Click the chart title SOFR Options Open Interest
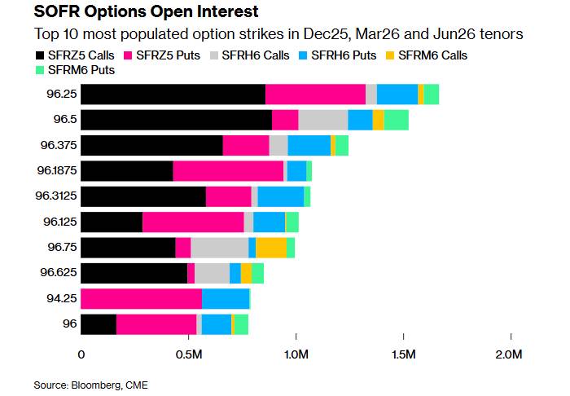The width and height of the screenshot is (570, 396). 135,13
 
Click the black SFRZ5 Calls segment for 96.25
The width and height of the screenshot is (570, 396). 173,95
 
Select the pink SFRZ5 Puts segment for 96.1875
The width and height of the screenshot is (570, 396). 228,170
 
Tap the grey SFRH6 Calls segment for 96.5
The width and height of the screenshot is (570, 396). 323,120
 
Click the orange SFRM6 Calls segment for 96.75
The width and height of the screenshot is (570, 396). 271,248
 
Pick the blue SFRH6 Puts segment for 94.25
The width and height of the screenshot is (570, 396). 226,299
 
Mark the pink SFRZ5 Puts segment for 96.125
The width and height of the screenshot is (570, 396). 193,222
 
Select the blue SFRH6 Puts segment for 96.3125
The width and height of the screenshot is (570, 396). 281,196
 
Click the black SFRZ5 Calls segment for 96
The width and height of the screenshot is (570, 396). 99,324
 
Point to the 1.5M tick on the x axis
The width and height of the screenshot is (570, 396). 404,354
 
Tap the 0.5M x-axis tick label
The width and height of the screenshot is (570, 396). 189,354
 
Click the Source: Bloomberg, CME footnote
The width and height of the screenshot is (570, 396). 91,384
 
